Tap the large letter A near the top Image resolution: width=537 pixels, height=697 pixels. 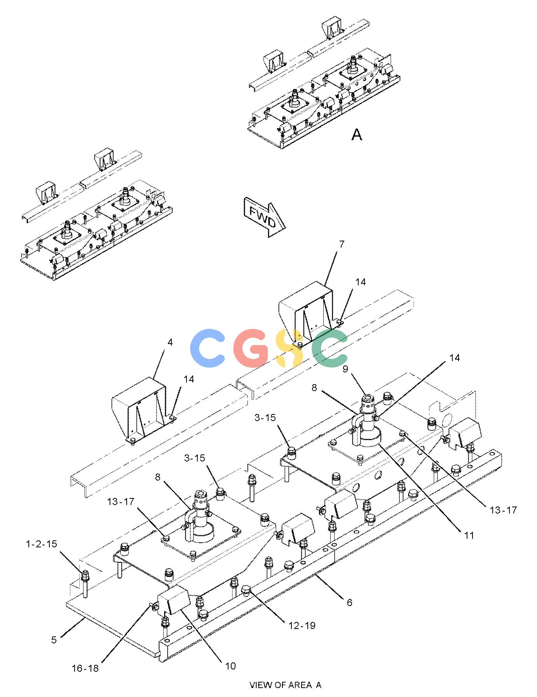(x=357, y=135)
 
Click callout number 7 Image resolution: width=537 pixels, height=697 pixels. (x=342, y=245)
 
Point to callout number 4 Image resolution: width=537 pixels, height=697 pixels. (x=170, y=342)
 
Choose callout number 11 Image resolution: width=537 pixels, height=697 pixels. (x=469, y=535)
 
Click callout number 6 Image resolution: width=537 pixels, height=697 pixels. (x=350, y=602)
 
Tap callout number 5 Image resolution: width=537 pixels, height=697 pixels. (x=54, y=639)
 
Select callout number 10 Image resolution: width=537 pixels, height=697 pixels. (x=230, y=666)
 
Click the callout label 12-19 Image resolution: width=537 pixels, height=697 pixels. (x=302, y=625)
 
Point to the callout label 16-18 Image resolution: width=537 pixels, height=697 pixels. (x=85, y=668)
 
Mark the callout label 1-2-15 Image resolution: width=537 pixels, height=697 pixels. (x=42, y=544)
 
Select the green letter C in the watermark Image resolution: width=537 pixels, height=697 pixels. (x=330, y=348)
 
